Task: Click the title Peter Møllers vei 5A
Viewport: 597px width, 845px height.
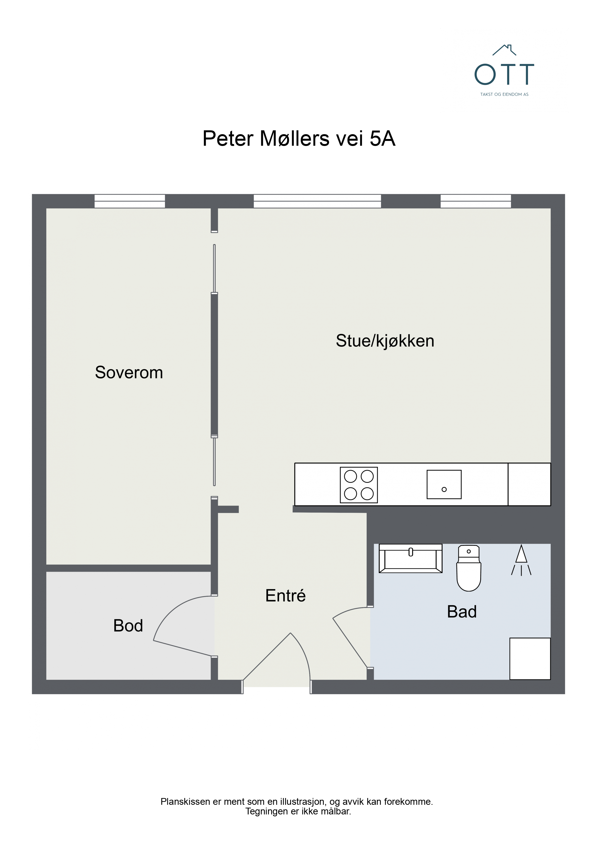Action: (x=299, y=139)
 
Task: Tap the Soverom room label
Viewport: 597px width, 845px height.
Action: (x=129, y=372)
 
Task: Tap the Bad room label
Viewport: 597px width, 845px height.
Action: (x=462, y=612)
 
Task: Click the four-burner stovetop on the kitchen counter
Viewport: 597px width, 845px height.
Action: (x=359, y=485)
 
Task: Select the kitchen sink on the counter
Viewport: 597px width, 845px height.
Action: (x=444, y=484)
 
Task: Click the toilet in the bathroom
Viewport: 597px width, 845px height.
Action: (x=469, y=568)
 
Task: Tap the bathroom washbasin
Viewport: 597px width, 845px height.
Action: (x=410, y=558)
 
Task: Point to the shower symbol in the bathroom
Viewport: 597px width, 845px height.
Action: (x=521, y=560)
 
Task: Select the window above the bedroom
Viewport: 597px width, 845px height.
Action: (x=130, y=201)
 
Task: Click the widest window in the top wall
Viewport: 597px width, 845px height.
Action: (x=317, y=201)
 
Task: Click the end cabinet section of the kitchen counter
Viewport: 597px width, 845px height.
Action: (x=529, y=484)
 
